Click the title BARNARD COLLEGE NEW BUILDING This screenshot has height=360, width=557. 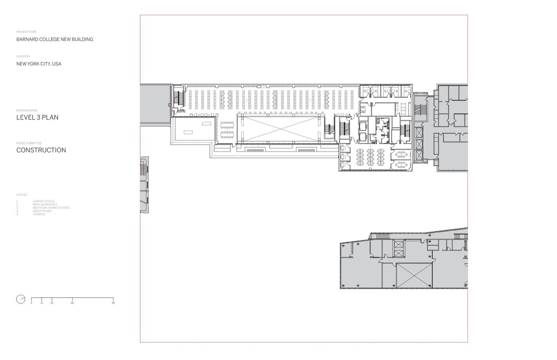point(54,39)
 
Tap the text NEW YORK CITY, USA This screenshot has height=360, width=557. point(39,64)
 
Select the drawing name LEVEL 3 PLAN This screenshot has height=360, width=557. point(37,117)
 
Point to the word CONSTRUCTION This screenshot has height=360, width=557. point(41,150)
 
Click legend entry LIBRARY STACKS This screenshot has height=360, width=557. point(44,201)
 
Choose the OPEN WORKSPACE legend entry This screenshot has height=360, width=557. point(45,204)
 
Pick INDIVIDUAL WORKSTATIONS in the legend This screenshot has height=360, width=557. point(51,208)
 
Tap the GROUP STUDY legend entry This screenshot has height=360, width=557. point(42,211)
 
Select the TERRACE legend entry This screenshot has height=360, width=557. point(39,214)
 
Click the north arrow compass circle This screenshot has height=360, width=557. point(21,299)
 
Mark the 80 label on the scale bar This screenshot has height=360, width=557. point(113,303)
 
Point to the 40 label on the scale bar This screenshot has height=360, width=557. point(72,303)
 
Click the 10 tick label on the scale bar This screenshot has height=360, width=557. point(41,303)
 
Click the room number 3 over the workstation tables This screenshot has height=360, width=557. point(370,146)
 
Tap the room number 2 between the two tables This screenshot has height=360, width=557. point(227,130)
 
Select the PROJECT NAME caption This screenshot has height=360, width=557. point(26,32)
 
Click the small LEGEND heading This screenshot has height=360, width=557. point(21,195)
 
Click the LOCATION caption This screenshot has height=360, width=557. point(23,56)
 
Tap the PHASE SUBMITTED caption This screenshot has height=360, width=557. point(28,143)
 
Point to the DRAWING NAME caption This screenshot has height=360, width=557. point(27,111)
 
